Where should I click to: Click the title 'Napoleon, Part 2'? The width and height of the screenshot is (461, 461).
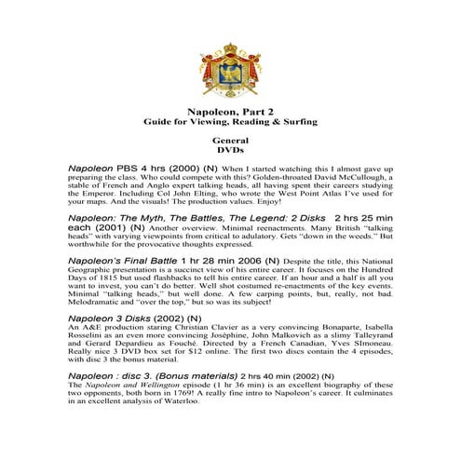(x=230, y=109)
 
